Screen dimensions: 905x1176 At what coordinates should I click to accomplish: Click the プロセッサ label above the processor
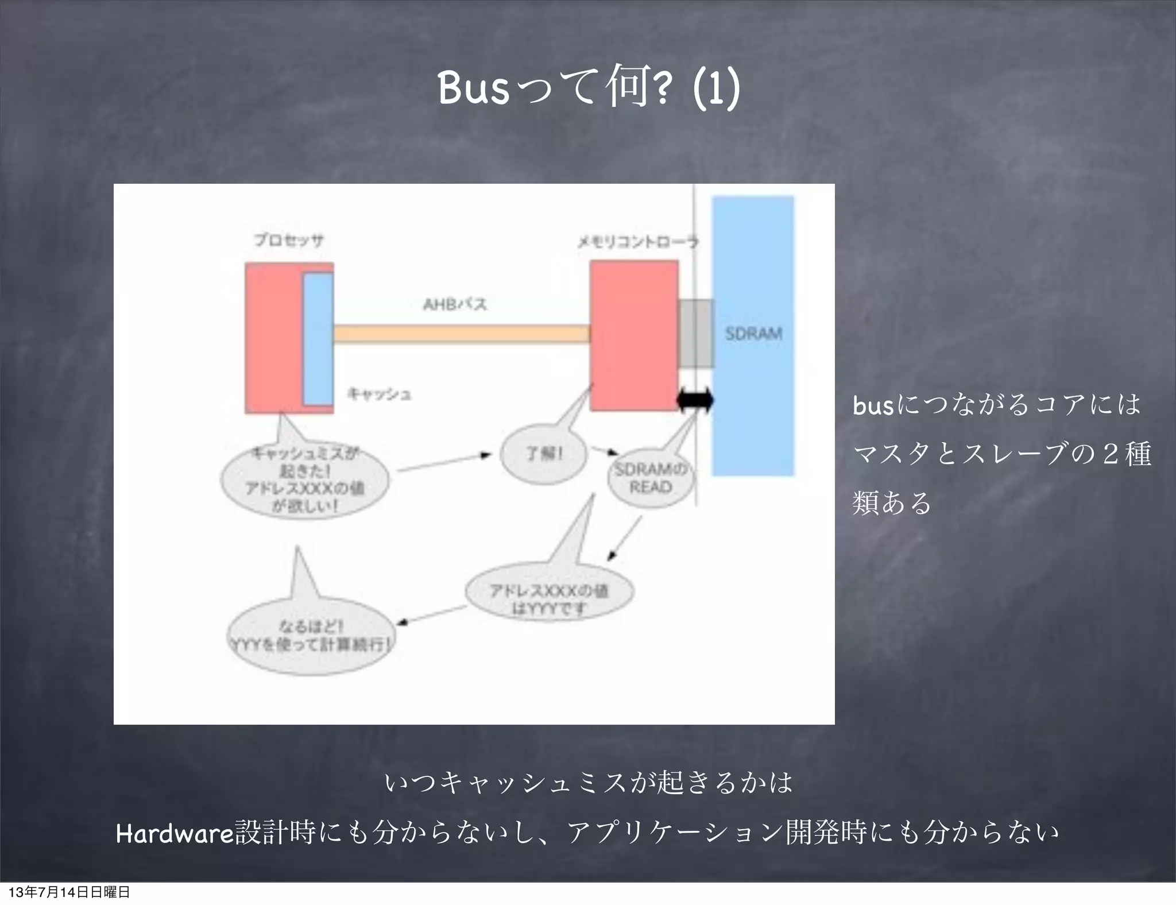pos(289,240)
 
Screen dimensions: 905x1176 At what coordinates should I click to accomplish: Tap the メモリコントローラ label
pos(637,242)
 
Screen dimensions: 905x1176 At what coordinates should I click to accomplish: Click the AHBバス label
pos(455,304)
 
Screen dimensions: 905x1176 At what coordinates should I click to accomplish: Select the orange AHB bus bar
pos(461,334)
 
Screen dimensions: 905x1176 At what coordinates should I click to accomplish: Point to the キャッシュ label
pos(379,394)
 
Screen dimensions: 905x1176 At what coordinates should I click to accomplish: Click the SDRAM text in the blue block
pos(753,334)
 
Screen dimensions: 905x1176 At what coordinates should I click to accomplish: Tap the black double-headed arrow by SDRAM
pos(695,400)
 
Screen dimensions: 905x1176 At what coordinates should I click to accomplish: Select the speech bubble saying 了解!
pos(544,454)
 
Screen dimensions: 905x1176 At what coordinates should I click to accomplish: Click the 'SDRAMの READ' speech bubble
pos(651,479)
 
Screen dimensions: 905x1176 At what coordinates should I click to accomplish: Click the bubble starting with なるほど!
pos(311,636)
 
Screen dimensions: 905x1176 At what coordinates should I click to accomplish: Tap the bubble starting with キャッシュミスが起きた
pos(305,481)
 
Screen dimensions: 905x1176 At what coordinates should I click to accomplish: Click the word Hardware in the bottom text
pos(175,833)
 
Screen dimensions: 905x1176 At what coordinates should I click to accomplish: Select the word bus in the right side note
pos(873,406)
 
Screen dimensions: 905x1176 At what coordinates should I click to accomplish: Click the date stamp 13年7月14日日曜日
pos(69,892)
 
